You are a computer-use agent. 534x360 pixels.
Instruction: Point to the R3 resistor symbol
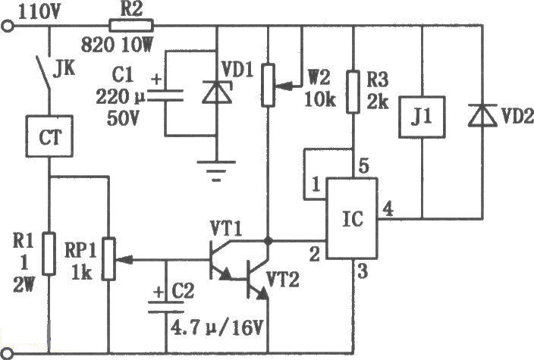[352, 91]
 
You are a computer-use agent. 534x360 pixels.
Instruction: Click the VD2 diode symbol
[479, 116]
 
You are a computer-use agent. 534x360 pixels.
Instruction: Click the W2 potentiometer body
[268, 84]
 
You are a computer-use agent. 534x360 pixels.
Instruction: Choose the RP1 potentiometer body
[108, 259]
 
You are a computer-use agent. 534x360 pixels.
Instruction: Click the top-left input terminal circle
[8, 27]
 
